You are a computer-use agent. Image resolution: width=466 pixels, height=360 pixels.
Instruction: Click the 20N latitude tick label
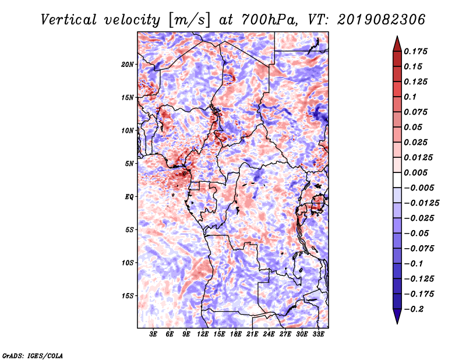[x=128, y=64]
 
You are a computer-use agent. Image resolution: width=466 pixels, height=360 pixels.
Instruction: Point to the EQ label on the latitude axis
[x=129, y=197]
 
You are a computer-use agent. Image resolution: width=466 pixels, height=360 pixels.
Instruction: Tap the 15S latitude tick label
[x=128, y=296]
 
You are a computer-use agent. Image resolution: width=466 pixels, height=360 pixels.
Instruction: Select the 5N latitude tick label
[x=130, y=164]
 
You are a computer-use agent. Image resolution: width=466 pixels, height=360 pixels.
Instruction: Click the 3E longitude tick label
[x=153, y=335]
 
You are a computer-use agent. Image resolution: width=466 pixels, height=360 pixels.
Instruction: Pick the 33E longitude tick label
[x=318, y=335]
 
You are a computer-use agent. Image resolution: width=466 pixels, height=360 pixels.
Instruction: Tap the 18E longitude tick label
[x=235, y=335]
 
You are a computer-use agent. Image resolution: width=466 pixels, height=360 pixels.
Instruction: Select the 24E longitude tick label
[x=269, y=335]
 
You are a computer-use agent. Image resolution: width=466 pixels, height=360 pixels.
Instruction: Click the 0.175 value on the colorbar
[x=417, y=51]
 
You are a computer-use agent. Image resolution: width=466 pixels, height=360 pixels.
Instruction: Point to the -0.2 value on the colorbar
[x=415, y=309]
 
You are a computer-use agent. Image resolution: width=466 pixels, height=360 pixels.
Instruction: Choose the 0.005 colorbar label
[x=417, y=172]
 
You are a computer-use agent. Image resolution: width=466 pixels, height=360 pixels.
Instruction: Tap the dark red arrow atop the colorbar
[x=396, y=43]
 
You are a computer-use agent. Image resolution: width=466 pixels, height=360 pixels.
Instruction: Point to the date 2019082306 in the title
[x=377, y=19]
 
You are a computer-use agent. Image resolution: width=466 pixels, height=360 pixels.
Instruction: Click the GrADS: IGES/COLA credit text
[x=32, y=355]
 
